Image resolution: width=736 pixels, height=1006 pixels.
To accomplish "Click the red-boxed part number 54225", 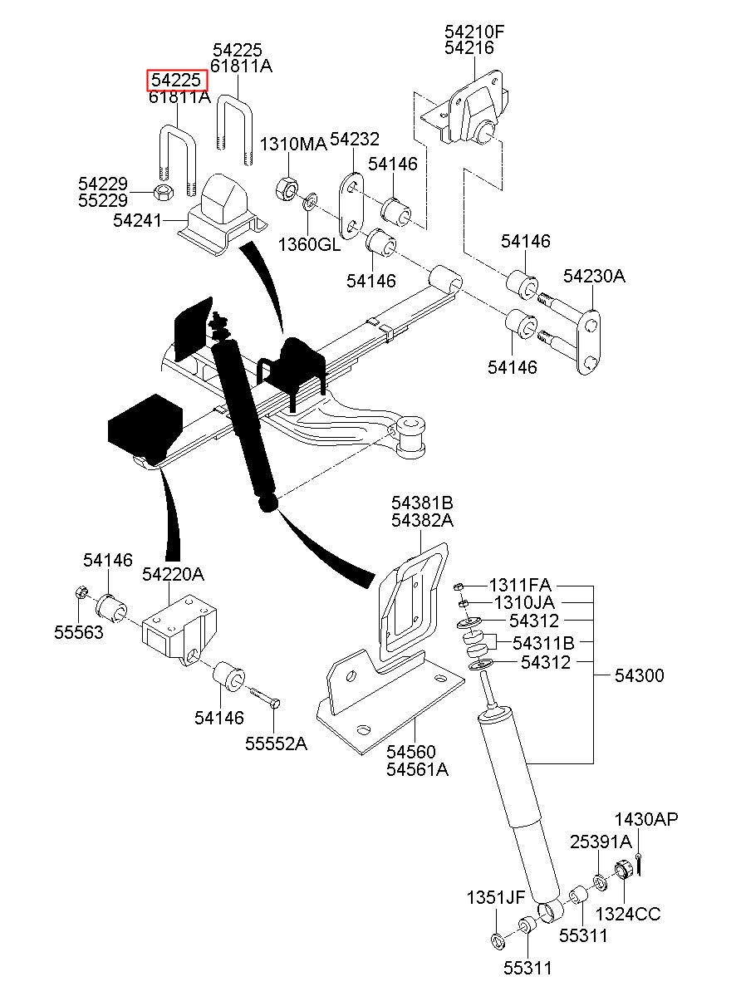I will click(x=177, y=81).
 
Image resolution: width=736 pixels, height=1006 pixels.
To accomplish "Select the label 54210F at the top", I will click(x=474, y=32).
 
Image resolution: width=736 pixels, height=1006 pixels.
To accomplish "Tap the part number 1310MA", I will click(x=292, y=145).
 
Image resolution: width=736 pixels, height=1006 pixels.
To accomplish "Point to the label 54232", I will click(x=354, y=139).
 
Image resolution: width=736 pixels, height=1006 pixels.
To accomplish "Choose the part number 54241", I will click(x=139, y=221).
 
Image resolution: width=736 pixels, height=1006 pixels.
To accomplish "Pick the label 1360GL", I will click(x=309, y=244).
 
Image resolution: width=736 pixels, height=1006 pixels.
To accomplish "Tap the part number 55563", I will click(x=79, y=632).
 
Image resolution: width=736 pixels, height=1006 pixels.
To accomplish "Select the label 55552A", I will click(x=276, y=743).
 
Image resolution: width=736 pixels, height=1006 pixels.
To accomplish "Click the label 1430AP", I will click(x=645, y=821).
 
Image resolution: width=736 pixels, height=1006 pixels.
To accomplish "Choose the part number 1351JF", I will click(x=495, y=897).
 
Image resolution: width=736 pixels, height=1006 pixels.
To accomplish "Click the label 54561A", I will click(x=417, y=769).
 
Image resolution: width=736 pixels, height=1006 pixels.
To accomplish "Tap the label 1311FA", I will click(x=519, y=585).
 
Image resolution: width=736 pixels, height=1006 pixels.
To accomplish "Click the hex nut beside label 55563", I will click(x=81, y=592).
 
